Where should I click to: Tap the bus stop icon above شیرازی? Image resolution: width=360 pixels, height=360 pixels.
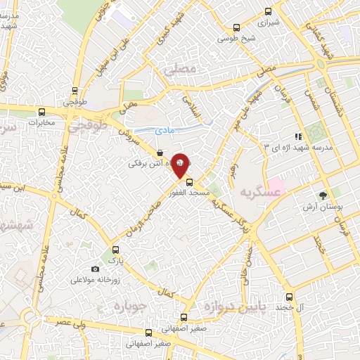(x=267, y=11)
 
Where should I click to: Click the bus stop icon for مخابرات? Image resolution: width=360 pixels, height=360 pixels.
(x=41, y=111)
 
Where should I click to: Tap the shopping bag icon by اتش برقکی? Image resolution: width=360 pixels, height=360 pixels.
(x=160, y=152)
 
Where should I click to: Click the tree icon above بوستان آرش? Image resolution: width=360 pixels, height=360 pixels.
(x=323, y=196)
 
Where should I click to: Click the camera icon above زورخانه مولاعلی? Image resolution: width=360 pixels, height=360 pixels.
(x=96, y=269)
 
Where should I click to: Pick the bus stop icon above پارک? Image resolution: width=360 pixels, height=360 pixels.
(x=115, y=250)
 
